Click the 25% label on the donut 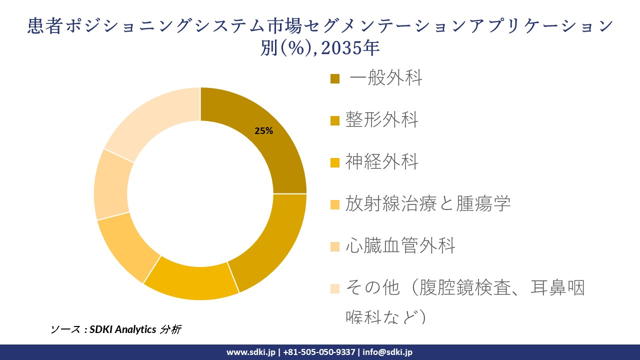263,131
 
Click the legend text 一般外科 386,78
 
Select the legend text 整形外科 381,120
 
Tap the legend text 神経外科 381,162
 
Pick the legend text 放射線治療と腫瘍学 428,204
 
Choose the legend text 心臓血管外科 400,246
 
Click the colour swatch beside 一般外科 335,78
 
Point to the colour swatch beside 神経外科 335,162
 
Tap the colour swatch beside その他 335,288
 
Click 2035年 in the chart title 350,47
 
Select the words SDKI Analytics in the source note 123,329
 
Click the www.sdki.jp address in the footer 250,352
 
